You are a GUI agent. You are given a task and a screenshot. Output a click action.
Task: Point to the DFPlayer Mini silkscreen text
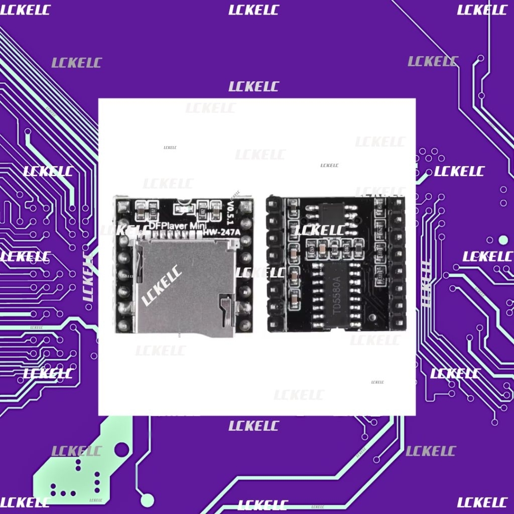click(x=176, y=226)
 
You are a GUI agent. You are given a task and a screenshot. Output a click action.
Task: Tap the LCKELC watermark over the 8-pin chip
click(x=319, y=230)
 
